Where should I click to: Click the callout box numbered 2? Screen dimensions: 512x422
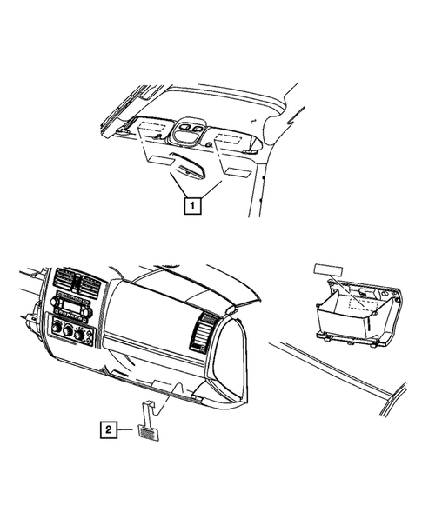tap(107, 429)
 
